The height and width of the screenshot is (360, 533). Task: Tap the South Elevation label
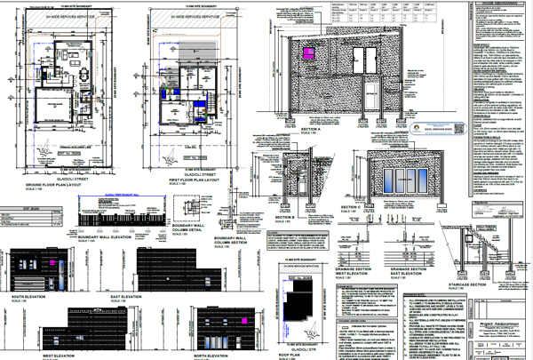click(x=29, y=295)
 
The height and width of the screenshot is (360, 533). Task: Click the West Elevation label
click(x=28, y=355)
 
